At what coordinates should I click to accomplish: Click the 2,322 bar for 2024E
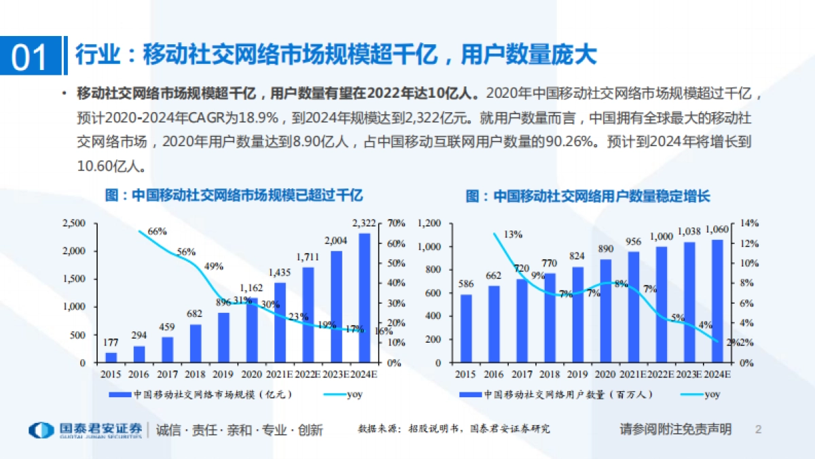click(x=365, y=298)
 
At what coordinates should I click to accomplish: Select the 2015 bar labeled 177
click(x=111, y=357)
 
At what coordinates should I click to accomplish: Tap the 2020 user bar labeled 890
click(x=606, y=311)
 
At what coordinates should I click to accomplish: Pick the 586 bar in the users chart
click(x=465, y=328)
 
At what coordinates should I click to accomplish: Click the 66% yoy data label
click(x=157, y=231)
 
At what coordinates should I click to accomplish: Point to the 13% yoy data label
click(x=513, y=235)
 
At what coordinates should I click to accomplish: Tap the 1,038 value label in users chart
click(x=689, y=231)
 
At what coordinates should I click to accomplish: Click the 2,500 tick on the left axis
click(x=74, y=223)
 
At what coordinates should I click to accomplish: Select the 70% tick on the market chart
click(x=396, y=223)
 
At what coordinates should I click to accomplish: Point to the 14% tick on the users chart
click(x=749, y=223)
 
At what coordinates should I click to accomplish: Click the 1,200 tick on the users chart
click(x=431, y=223)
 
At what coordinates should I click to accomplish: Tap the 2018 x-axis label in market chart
click(x=196, y=375)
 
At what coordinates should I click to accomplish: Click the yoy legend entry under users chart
click(x=712, y=394)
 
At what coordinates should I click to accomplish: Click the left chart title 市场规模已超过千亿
click(x=234, y=196)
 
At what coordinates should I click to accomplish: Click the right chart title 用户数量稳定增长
click(x=587, y=196)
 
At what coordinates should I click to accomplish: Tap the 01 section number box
click(x=30, y=56)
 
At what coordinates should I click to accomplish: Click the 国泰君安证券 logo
click(x=86, y=430)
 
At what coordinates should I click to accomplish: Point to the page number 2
click(x=759, y=430)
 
